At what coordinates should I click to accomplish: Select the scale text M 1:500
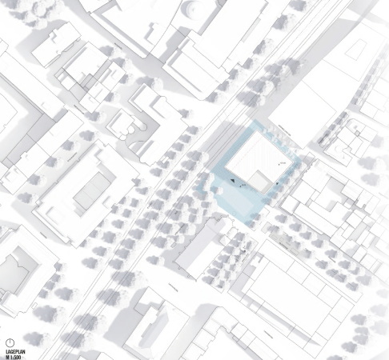coord(13,356)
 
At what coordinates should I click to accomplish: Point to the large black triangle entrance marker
coord(234,182)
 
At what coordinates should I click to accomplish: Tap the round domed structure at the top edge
coord(193,10)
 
